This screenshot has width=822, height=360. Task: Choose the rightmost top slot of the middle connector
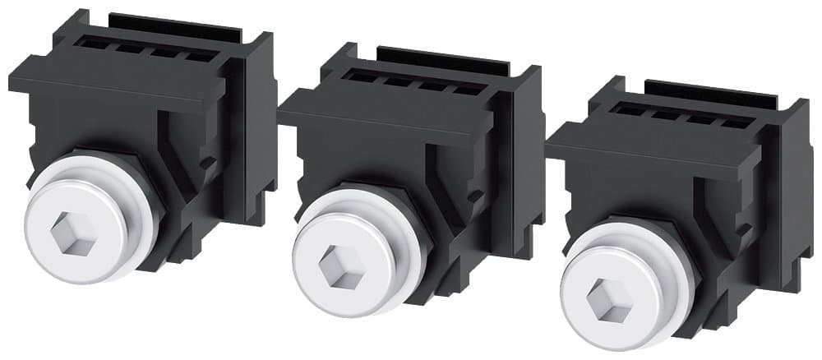click(x=462, y=90)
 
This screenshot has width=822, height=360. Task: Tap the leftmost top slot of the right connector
click(x=630, y=109)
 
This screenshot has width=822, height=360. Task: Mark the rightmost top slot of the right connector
click(x=730, y=123)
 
